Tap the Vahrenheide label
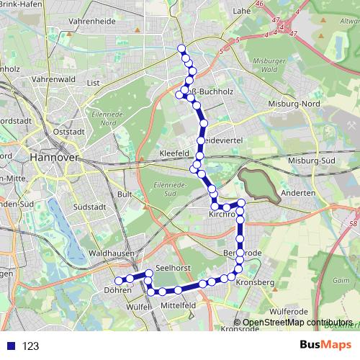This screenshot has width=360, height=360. pyautogui.click(x=91, y=22)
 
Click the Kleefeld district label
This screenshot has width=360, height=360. pyautogui.click(x=174, y=154)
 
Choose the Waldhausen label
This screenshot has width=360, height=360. pyautogui.click(x=109, y=254)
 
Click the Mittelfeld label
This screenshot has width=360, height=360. pyautogui.click(x=179, y=305)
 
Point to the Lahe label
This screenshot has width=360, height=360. pyautogui.click(x=241, y=11)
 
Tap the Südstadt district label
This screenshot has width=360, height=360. pyautogui.click(x=90, y=207)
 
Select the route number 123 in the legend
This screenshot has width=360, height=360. pyautogui.click(x=30, y=346)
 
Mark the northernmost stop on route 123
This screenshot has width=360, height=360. pyautogui.click(x=181, y=49)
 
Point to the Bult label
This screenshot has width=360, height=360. pyautogui.click(x=124, y=194)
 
